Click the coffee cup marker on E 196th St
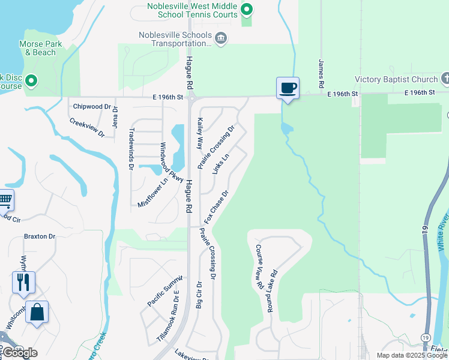point(288,88)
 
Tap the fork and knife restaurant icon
point(23,281)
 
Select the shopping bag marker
point(37,312)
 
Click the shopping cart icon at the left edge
point(5,199)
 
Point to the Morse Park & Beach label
point(37,48)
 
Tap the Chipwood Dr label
point(92,107)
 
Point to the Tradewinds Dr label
point(131,148)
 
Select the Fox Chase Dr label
point(217,207)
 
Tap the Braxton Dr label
point(40,236)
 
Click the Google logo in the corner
point(20,353)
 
